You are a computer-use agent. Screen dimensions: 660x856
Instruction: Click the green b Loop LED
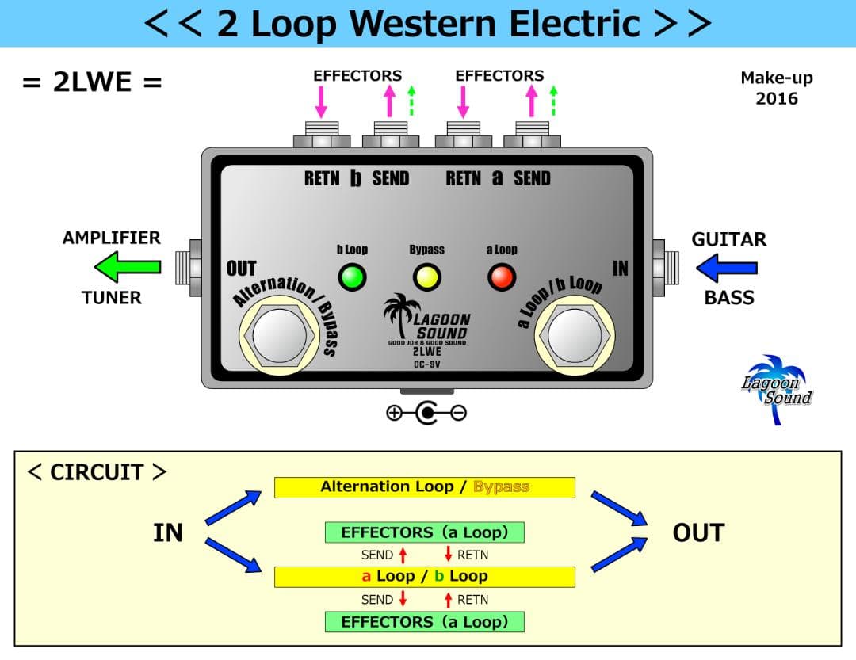tap(351, 277)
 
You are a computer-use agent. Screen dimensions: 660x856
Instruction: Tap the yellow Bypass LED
tap(426, 277)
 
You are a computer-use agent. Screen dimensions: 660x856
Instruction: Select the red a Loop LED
tap(501, 277)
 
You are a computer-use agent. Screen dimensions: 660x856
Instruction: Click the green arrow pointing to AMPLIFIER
tap(127, 268)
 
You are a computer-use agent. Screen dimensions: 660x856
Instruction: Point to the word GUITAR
tap(728, 239)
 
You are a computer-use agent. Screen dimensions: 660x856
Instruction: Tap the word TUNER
tap(111, 298)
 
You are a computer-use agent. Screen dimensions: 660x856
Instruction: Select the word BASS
tap(728, 298)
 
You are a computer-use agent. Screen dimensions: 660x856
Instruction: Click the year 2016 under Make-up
tap(776, 99)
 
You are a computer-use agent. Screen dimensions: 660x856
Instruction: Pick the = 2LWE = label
tap(92, 82)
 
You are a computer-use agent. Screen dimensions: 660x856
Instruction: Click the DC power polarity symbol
tap(426, 412)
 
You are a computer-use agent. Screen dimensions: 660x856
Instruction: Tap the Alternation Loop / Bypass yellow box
tap(424, 487)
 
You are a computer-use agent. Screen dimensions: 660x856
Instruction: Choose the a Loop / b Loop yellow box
tap(424, 577)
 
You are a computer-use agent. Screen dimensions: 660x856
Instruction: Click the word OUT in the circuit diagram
tap(697, 533)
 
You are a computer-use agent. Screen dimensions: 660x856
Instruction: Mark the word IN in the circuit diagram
tap(168, 533)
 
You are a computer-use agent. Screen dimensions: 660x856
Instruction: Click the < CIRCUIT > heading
tap(97, 472)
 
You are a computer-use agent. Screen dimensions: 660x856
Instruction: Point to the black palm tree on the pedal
tap(398, 316)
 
